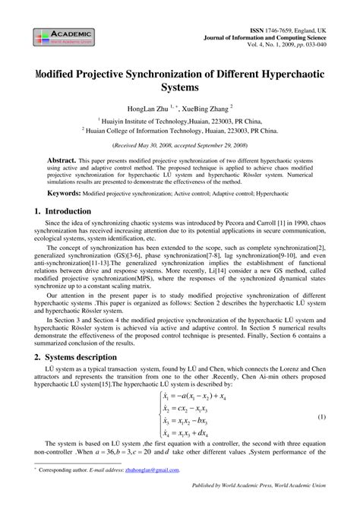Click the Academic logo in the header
(x=62, y=36)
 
